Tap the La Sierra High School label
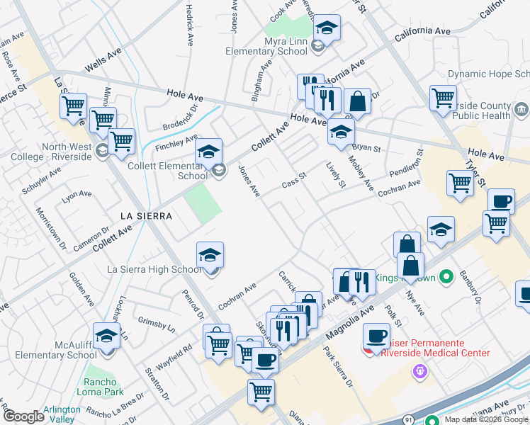click(154, 269)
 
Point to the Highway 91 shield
click(410, 419)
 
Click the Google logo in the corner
click(23, 416)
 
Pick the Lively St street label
click(335, 175)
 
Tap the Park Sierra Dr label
click(338, 367)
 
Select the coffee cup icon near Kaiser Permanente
click(376, 335)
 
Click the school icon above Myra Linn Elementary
click(327, 28)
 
